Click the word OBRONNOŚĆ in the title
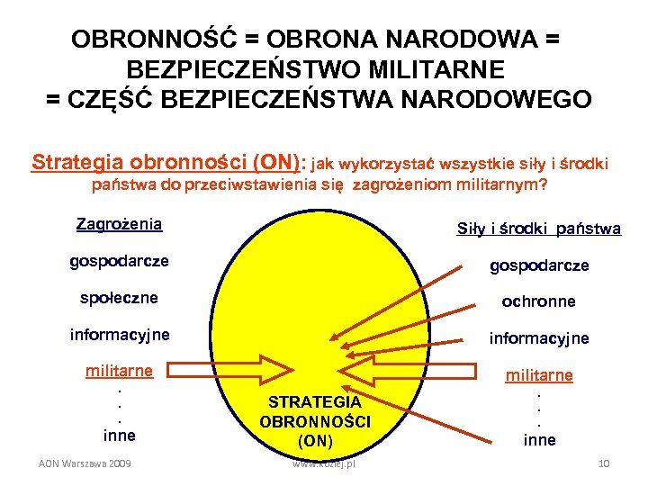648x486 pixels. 153,40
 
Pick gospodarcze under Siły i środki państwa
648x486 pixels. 539,265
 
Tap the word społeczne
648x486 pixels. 113,297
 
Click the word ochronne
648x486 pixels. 538,301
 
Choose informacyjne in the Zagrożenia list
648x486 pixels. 120,335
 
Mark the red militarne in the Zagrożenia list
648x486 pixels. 119,370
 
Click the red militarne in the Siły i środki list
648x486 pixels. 539,375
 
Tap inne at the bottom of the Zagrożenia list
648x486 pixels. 119,436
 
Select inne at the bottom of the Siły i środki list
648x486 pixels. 540,440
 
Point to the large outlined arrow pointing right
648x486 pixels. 234,371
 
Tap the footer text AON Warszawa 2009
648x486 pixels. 85,463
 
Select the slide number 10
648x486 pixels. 603,463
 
